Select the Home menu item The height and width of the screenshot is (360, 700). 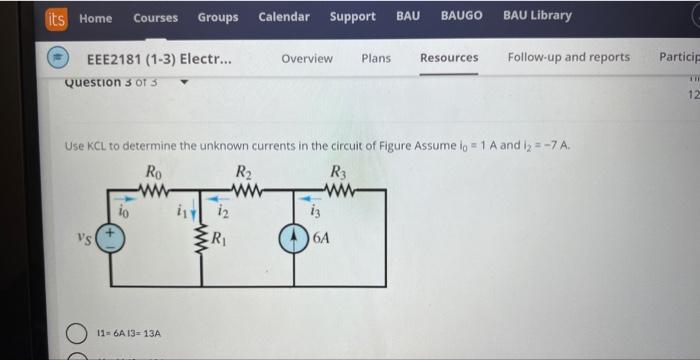(x=95, y=17)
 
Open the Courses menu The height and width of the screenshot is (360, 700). (x=155, y=17)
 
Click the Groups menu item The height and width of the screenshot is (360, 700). (x=218, y=17)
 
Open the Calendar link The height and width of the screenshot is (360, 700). (x=284, y=16)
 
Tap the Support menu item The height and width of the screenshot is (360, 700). (x=353, y=16)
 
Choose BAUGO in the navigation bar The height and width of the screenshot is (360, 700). (x=461, y=15)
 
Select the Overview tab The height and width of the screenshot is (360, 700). (x=307, y=58)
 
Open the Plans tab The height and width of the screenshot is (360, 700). (x=376, y=58)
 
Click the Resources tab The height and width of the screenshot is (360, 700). (x=449, y=58)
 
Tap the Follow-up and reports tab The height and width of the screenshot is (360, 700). (x=569, y=57)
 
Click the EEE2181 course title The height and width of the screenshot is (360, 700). (x=160, y=58)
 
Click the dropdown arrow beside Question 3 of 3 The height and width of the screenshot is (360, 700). (x=184, y=83)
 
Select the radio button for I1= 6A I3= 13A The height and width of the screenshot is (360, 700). (x=77, y=333)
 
